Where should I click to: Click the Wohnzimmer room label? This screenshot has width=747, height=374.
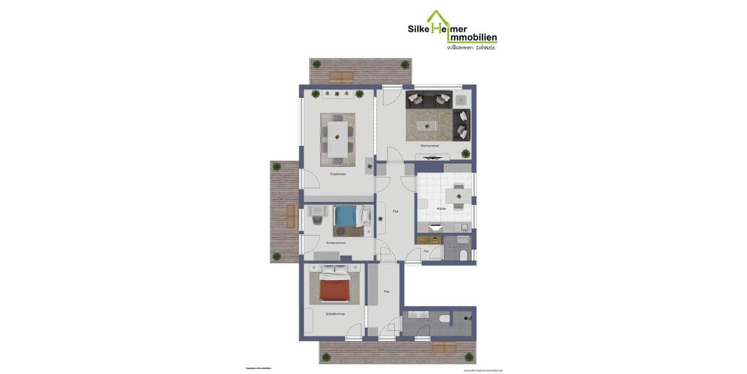[x=430, y=146]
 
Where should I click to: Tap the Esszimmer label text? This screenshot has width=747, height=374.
[x=338, y=174]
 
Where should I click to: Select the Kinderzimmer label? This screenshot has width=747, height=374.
[x=336, y=242]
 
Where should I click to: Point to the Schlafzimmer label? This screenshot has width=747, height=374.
[x=335, y=314]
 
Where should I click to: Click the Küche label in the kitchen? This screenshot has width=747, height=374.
[x=441, y=208]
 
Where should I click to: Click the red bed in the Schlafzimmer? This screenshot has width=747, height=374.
[x=334, y=287]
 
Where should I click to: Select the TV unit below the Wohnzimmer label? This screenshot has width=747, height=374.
[x=432, y=158]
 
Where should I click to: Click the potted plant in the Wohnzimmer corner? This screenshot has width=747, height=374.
[x=465, y=153]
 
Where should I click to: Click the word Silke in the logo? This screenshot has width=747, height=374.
[x=420, y=29]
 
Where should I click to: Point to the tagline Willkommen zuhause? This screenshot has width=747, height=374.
[x=471, y=47]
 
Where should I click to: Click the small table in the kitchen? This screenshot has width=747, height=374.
[x=458, y=195]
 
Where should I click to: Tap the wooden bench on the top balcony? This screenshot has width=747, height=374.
[x=341, y=77]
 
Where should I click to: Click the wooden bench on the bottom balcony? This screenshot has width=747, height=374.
[x=443, y=347]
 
